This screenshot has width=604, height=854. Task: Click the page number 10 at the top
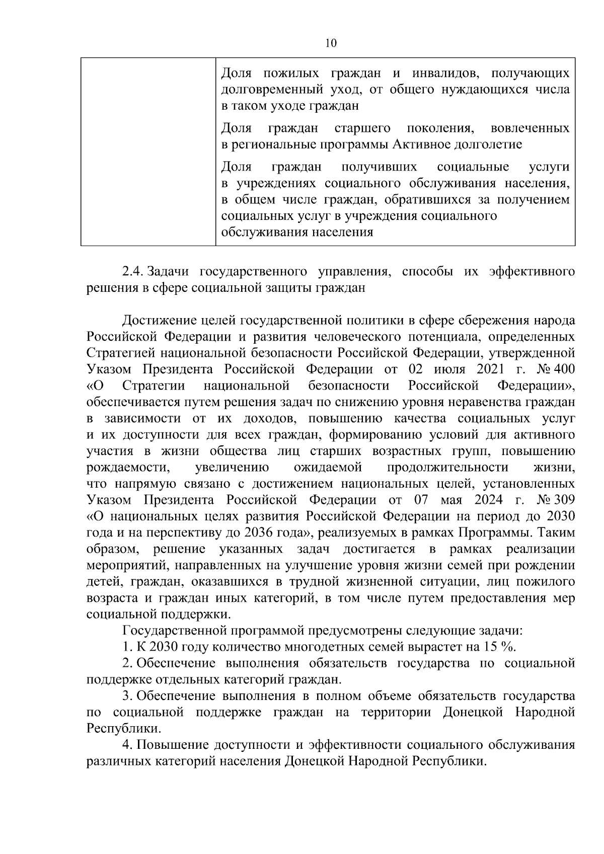pos(331,43)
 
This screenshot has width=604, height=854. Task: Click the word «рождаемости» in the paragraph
pos(127,468)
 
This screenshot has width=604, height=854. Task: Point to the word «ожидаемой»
pos(328,468)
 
